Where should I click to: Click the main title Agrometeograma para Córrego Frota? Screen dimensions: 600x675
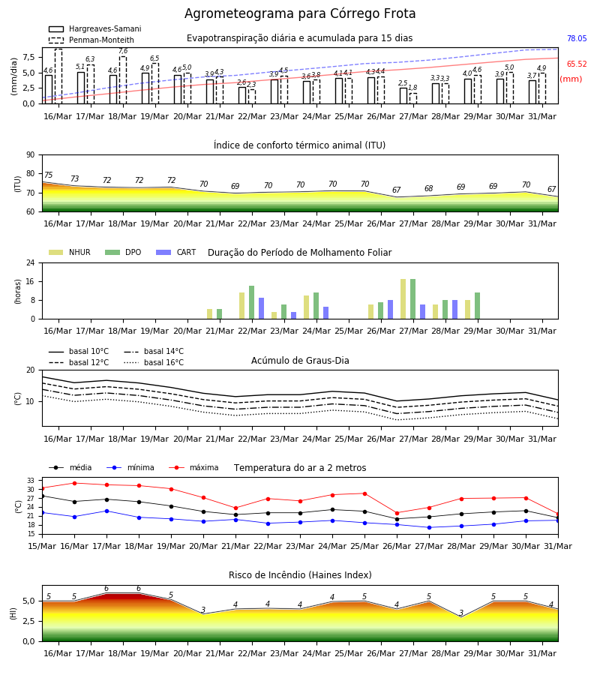pos(300,13)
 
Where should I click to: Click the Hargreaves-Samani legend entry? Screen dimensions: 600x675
pos(95,28)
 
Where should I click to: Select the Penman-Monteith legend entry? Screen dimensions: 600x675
pos(91,40)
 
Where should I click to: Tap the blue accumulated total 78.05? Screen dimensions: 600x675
pos(577,38)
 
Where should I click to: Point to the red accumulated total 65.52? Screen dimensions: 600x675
pos(577,64)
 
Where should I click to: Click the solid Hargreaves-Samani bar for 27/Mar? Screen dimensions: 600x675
pos(403,95)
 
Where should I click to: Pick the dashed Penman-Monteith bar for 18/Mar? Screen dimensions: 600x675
pos(123,80)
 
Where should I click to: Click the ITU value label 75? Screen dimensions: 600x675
pos(48,175)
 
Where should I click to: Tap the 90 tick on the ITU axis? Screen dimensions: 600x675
pos(31,155)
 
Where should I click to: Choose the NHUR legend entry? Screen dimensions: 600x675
pos(70,252)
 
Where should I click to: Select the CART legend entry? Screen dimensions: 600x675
pos(176,252)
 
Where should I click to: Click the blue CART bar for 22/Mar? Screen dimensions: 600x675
pos(261,308)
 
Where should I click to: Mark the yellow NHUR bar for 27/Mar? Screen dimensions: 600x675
pos(403,299)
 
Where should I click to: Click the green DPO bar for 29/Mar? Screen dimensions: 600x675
pos(477,306)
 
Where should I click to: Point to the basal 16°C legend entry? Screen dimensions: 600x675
pos(154,362)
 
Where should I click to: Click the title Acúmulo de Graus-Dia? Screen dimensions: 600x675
pos(300,360)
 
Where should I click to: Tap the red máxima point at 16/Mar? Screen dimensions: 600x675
pos(74,483)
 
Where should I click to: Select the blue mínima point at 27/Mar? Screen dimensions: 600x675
pos(429,527)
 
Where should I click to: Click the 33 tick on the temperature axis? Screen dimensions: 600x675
pos(31,481)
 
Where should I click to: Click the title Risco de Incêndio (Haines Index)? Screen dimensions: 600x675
pos(300,574)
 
